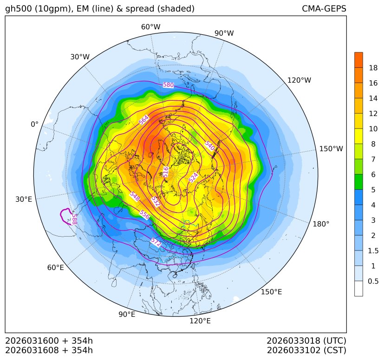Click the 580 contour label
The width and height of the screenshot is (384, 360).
tap(168, 85)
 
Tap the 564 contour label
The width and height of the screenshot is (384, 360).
tap(144, 120)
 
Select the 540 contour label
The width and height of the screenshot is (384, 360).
tap(209, 145)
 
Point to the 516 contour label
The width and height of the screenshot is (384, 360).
tap(166, 172)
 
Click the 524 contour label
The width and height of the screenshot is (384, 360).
tap(194, 177)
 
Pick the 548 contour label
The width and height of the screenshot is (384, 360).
tap(135, 196)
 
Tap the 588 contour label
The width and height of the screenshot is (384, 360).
tap(74, 219)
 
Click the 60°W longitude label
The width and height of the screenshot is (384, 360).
tap(150, 27)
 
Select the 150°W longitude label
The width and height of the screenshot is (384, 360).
tap(331, 148)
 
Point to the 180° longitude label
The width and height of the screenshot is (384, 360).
tap(321, 224)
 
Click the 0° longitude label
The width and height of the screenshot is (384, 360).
tap(34, 124)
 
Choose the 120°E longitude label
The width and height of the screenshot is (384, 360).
tap(200, 321)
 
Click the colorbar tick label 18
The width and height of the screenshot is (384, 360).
tap(373, 68)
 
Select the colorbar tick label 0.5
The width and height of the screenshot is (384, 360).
tap(373, 281)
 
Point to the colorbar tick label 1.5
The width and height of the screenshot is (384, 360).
tap(373, 251)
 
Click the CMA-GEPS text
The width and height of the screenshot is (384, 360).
tap(324, 9)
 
